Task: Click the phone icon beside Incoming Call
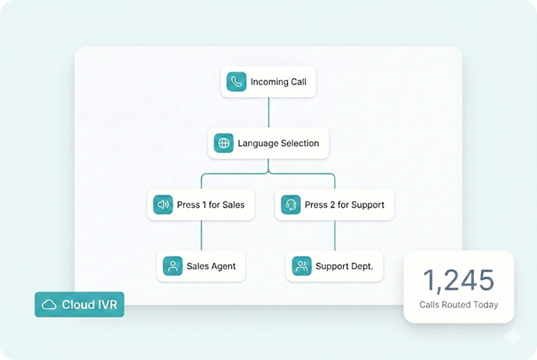(236, 82)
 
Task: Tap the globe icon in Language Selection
(223, 143)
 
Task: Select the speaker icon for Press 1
(163, 205)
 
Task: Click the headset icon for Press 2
(291, 205)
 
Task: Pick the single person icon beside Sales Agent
(172, 266)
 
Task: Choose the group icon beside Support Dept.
(301, 266)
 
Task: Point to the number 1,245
(458, 280)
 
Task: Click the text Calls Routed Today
(458, 305)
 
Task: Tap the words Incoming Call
(278, 82)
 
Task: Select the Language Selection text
(278, 143)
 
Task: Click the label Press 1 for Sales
(211, 205)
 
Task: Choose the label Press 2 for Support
(344, 205)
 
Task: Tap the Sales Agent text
(211, 266)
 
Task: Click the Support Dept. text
(344, 266)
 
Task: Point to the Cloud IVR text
(89, 304)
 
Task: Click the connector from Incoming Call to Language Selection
(268, 112)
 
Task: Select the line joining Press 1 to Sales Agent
(202, 236)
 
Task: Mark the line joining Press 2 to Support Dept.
(335, 236)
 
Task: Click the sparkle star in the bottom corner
(513, 337)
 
